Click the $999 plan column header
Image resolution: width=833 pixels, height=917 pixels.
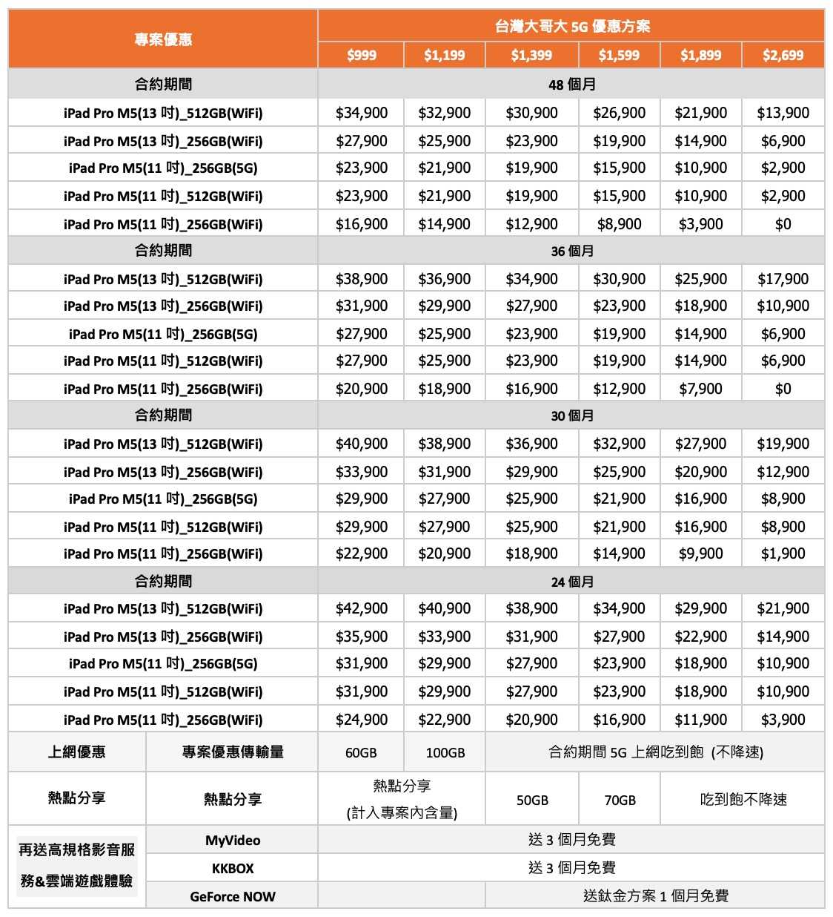361,55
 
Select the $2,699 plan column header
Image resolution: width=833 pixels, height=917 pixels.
783,55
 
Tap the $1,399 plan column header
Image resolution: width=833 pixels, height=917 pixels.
531,55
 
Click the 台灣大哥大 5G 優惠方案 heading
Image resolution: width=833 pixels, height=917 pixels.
571,27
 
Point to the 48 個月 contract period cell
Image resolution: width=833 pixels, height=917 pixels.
571,85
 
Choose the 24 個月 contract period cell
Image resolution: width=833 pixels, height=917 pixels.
571,582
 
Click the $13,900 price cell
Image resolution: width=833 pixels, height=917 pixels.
783,113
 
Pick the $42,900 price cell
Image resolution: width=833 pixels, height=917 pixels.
361,608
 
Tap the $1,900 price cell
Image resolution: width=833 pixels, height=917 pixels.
783,553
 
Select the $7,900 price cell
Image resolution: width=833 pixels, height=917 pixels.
700,389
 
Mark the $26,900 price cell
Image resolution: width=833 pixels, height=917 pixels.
619,113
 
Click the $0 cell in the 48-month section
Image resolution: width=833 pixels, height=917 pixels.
783,224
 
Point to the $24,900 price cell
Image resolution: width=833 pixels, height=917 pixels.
361,720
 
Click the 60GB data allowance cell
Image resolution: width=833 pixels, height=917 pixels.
361,752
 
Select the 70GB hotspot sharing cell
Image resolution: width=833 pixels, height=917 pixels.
620,800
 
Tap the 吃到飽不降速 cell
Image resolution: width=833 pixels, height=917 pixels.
743,800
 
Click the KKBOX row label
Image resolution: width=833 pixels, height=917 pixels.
232,868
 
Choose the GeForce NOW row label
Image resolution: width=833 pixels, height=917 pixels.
232,896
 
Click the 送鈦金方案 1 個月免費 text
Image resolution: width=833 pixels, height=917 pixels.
655,896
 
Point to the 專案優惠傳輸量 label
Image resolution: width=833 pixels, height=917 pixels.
232,752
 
